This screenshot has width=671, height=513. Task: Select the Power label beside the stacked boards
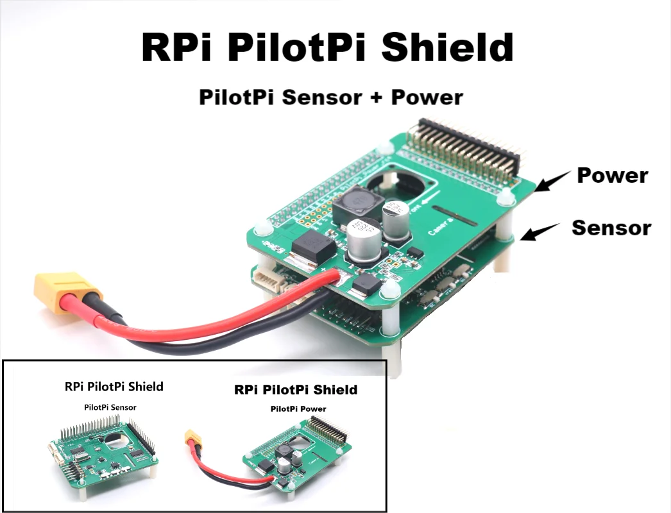tap(612, 175)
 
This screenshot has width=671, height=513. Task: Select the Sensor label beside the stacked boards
tap(611, 228)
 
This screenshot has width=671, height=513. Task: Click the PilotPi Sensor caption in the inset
tap(110, 407)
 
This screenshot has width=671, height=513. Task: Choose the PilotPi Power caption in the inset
tap(298, 408)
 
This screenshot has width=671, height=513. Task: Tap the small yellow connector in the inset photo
tap(191, 437)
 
